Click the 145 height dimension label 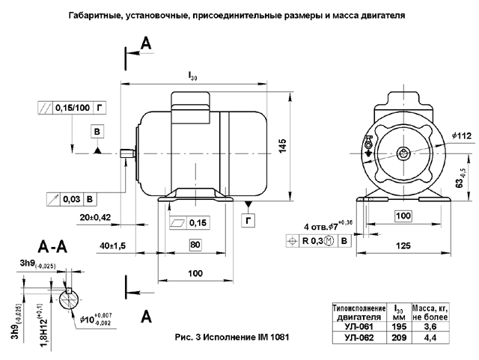coord(282,146)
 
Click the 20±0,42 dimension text coord(94,218)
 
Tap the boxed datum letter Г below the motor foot coord(248,220)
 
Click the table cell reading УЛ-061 coord(360,326)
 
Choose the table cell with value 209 coord(398,338)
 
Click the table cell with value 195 coord(398,326)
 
